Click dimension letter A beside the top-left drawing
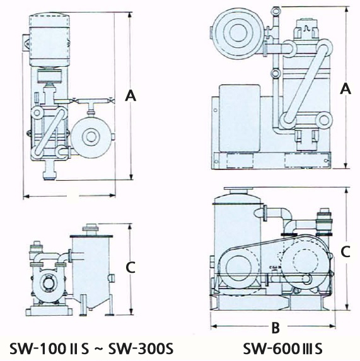point(131,96)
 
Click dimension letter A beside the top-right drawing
point(345,88)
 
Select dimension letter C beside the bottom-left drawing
point(131,267)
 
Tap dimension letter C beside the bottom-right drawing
point(345,251)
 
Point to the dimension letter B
point(276,327)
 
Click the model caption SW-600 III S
point(283,349)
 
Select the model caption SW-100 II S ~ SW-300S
point(91,349)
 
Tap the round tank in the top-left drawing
point(91,137)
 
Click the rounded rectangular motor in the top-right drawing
point(240,118)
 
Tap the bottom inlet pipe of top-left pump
point(50,170)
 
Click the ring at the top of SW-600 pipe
point(276,11)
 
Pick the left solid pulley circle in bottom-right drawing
point(238,268)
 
